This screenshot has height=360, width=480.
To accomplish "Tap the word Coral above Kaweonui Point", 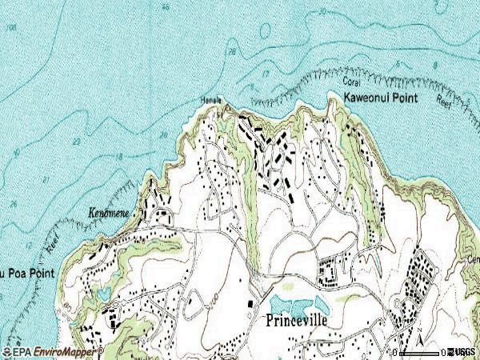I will tap(354, 82).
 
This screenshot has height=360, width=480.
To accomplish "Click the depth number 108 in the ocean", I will tap(10, 27).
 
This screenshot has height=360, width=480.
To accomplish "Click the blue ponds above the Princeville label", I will tap(299, 303).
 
